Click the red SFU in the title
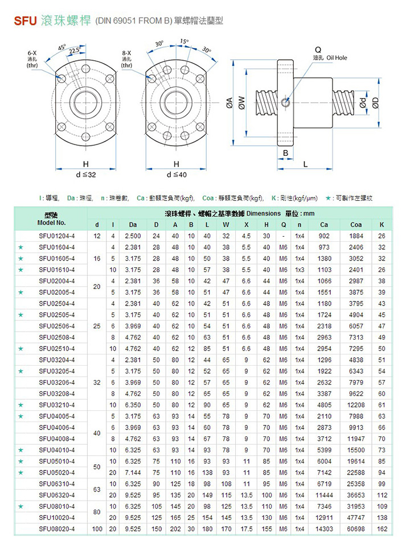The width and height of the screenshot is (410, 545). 25,22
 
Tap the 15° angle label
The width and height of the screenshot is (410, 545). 184,42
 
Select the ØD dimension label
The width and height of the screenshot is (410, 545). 376,102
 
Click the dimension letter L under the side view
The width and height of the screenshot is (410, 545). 305,164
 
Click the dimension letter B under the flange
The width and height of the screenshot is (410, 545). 286,154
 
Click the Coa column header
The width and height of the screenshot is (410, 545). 356,225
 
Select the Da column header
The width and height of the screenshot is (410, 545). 133,225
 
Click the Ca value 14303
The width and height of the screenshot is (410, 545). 324,529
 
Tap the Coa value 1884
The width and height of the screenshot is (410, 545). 356,236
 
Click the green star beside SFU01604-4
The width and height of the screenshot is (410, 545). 21,247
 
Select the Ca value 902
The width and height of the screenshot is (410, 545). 324,236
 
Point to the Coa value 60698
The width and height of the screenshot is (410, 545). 356,529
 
